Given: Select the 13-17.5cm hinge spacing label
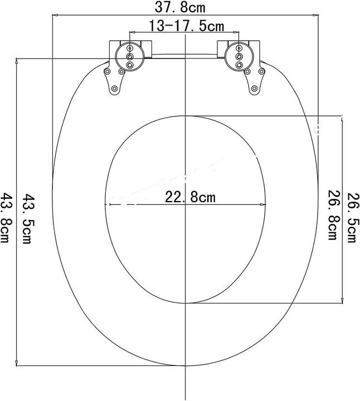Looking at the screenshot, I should point(186,26).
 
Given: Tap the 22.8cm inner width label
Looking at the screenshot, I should point(190,197).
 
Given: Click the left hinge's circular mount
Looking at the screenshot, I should point(130,56).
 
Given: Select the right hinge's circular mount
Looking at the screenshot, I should point(239,56).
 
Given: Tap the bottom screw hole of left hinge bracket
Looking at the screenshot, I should point(114,89).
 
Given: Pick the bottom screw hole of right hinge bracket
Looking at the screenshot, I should point(255,89).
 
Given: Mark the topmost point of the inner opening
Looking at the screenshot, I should point(184,115).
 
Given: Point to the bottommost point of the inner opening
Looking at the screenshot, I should point(184,304).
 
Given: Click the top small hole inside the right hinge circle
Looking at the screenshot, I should point(239,48).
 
